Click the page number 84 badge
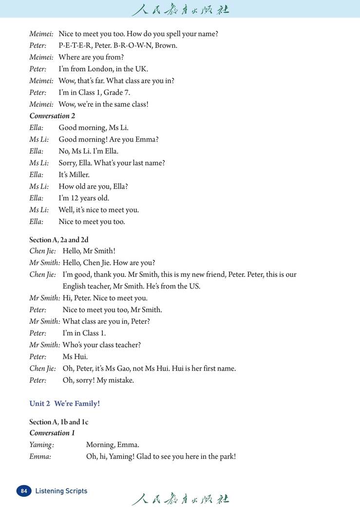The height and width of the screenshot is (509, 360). click(x=23, y=491)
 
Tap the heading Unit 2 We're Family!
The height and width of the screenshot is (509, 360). click(x=64, y=404)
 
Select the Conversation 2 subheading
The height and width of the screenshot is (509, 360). click(x=52, y=116)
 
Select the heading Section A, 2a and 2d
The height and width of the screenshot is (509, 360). click(x=58, y=240)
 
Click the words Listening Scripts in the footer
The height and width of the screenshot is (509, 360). click(x=61, y=491)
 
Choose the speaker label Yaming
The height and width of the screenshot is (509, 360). click(x=41, y=445)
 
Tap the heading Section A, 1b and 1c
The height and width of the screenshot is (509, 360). click(x=58, y=422)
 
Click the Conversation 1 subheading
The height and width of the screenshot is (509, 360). click(x=52, y=433)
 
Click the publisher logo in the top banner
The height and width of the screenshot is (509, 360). click(x=180, y=9)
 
